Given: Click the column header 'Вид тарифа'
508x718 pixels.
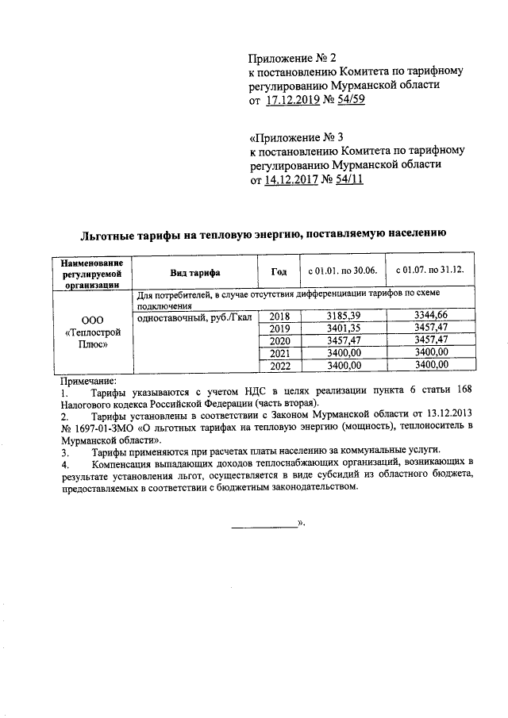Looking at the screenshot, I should click(x=194, y=271).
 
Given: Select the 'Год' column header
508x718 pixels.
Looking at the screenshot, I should click(x=279, y=271).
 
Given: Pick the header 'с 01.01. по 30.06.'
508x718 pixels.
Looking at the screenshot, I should click(x=342, y=271).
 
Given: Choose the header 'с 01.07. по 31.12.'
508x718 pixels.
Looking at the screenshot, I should click(x=429, y=271).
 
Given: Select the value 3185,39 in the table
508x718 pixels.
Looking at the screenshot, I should click(x=343, y=317).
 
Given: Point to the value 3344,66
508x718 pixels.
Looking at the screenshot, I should click(x=431, y=317).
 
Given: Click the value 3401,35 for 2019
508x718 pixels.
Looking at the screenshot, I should click(x=343, y=328).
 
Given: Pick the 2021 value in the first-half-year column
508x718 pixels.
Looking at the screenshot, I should click(x=343, y=352).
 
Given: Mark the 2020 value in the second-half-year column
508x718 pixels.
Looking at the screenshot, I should click(x=431, y=340).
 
